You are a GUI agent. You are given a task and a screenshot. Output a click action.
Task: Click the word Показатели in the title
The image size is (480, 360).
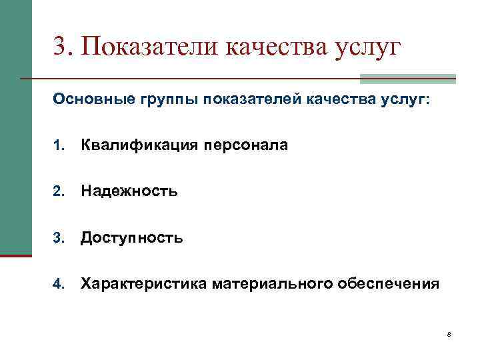(x=150, y=47)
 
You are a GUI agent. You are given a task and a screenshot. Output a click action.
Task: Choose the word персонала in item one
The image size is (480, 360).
(x=241, y=145)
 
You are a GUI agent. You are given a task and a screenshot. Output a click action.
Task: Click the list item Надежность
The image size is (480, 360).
(x=129, y=192)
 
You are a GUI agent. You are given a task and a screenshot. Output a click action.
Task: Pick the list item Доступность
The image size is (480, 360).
(x=131, y=238)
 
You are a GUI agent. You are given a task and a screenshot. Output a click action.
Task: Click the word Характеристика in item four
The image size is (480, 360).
(x=144, y=285)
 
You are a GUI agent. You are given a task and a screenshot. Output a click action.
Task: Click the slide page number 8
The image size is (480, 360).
(x=449, y=334)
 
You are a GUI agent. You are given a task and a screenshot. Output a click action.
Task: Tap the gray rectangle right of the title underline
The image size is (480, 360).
(x=407, y=79)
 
